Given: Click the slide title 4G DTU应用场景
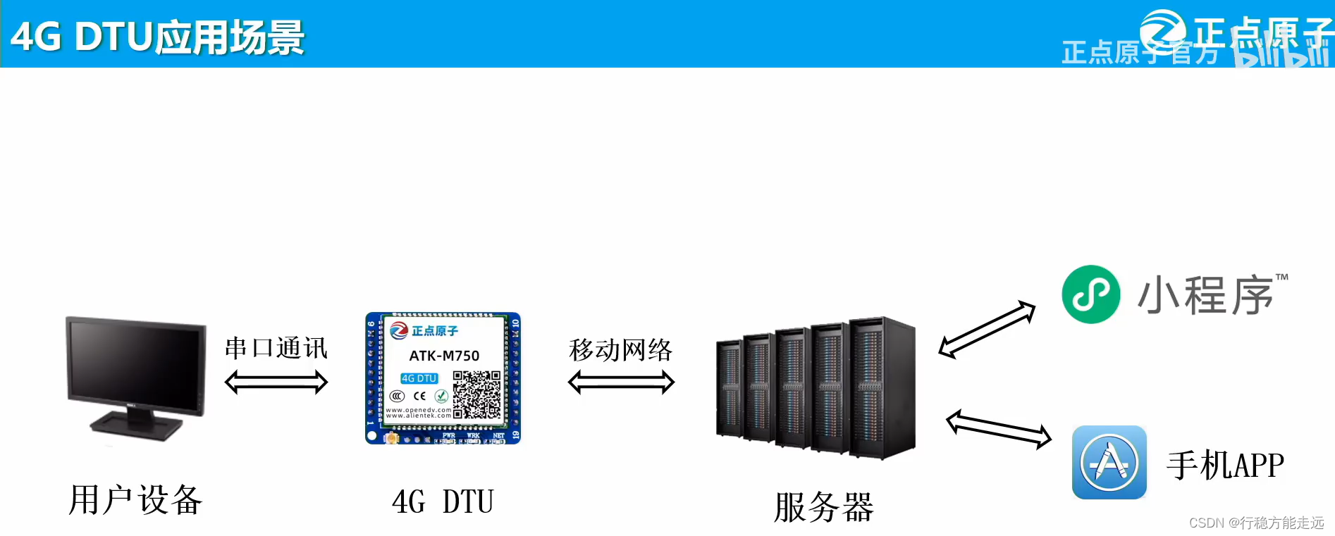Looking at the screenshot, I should click(157, 37).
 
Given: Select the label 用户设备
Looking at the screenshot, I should click(135, 501).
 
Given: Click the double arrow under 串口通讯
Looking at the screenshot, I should click(276, 382).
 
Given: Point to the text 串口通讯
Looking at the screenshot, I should click(276, 348).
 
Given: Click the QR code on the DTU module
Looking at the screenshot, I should click(476, 395).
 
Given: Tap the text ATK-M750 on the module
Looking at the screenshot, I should click(444, 356).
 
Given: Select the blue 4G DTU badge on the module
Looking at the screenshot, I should click(419, 378).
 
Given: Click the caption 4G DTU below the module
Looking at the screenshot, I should click(443, 502).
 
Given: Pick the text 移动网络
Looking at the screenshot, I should click(620, 349).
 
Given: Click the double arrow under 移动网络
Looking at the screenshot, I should click(621, 382).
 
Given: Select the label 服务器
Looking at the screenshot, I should click(823, 507).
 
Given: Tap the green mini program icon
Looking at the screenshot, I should click(1090, 294).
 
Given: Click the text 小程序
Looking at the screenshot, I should click(1205, 295).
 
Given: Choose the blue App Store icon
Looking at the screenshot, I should click(1109, 462).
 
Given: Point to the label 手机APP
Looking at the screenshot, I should click(1225, 465).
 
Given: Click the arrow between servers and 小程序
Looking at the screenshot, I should click(987, 329).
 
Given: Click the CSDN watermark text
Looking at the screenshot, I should click(1256, 523).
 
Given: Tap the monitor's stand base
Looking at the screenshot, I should click(136, 425).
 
